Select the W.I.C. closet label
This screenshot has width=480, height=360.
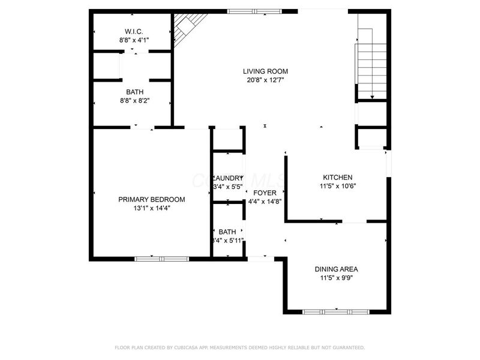[x=133, y=31]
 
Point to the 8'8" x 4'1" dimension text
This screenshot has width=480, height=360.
[x=133, y=40]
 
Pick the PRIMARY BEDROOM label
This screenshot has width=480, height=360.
[x=151, y=200]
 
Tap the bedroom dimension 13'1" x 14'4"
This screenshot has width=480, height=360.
[x=151, y=209]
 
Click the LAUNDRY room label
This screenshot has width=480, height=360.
[x=229, y=178]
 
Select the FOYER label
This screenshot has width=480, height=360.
[x=265, y=193]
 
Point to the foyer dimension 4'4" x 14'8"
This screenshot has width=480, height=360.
[x=265, y=202]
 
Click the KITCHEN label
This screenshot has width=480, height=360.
[x=337, y=178]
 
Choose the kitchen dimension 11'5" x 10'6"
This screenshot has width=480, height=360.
[x=337, y=187]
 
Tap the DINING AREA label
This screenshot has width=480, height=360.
[x=336, y=269]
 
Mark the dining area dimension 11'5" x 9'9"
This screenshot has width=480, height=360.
[x=336, y=278]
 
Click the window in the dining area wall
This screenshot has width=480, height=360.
[x=335, y=312]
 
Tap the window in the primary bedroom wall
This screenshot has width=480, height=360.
[x=161, y=259]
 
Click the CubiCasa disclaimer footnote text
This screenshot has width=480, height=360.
[x=239, y=347]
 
